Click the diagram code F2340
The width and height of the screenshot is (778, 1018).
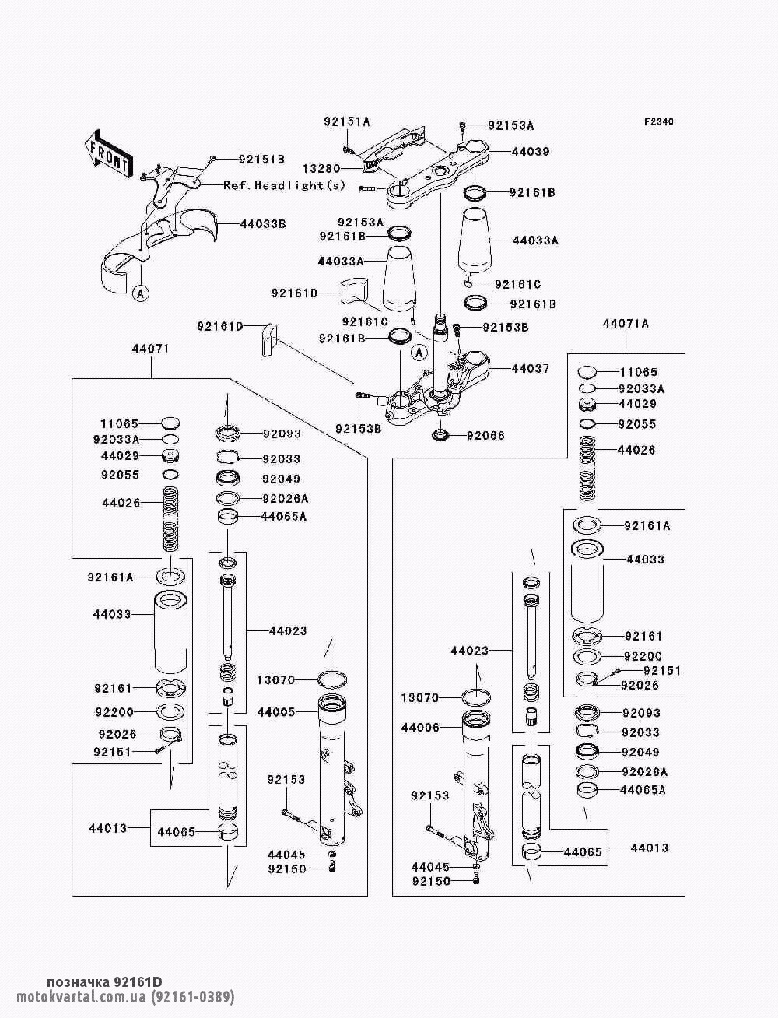coord(658,122)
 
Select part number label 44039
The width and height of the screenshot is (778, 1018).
coord(531,152)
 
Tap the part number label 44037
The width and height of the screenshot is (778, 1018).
coord(531,368)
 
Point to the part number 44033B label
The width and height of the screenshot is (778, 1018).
coord(263,223)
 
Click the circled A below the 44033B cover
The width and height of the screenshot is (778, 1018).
coord(140,293)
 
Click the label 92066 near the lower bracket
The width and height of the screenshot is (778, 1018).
coord(485,435)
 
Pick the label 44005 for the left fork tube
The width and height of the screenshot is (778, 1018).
coord(275,712)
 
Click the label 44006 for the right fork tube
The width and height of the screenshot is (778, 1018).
coord(420,728)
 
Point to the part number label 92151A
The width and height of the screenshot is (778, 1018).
coord(347,121)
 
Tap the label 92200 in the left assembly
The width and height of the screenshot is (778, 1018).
coord(114,711)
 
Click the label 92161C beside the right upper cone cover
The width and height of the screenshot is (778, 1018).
coord(518,285)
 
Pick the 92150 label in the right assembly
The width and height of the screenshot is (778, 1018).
coord(432,881)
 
